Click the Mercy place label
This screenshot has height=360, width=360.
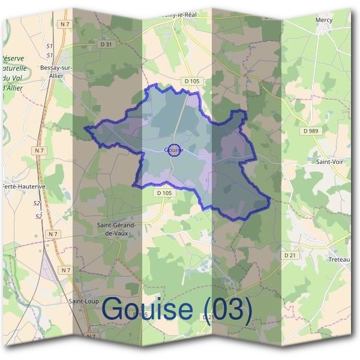(x=323, y=20)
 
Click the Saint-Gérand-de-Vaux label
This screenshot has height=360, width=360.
(x=116, y=229)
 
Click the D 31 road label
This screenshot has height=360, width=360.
(x=107, y=44)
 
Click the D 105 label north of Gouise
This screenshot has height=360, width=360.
(x=191, y=80)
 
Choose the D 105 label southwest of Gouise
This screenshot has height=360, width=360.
(x=164, y=193)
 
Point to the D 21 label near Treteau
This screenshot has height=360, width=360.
(x=290, y=255)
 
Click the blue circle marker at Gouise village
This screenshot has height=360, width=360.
(x=173, y=150)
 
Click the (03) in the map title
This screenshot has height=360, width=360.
(x=227, y=308)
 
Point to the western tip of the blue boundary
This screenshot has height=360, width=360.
(x=85, y=128)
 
